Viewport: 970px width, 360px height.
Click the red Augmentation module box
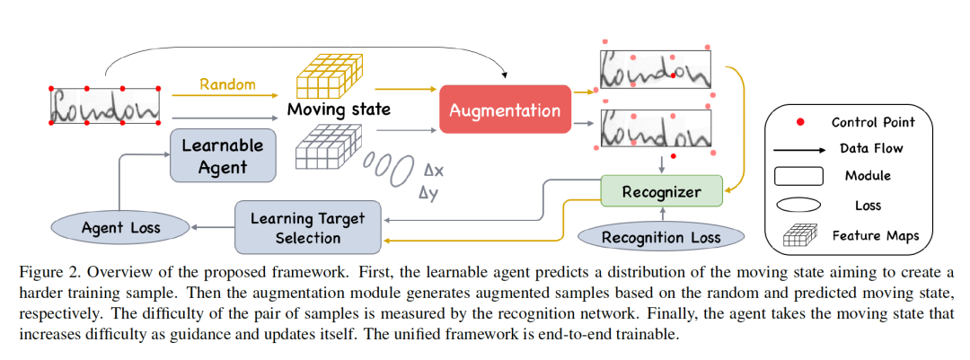point(505,110)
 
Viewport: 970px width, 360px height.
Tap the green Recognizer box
point(661,191)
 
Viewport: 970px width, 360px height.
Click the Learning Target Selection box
point(307,228)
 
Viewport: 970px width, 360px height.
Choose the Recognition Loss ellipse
point(661,237)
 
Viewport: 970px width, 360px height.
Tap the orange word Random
point(227,84)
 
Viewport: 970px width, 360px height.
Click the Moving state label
point(339,110)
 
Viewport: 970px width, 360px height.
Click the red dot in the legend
point(800,121)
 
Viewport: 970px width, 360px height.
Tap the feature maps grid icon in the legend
point(800,236)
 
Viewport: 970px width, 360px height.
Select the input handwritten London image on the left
point(105,106)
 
